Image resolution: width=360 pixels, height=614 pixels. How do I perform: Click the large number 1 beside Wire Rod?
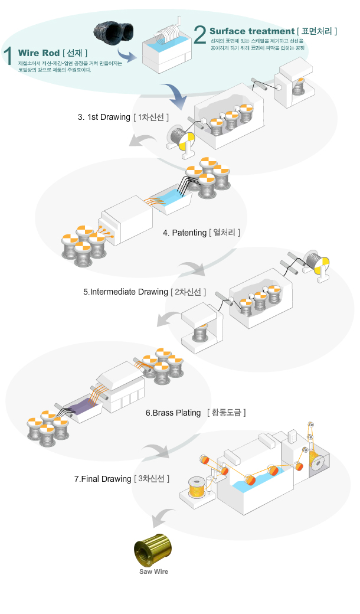pos(8,54)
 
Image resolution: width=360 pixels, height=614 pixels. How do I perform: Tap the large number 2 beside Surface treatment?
pos(199,33)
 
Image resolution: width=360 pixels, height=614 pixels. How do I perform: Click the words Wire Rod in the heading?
pos(39,53)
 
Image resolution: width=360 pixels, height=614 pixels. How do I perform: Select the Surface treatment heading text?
pos(251,31)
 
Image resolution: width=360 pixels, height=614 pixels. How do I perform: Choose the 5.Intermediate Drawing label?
pos(125,292)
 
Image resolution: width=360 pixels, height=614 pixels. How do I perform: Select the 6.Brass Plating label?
pos(173,413)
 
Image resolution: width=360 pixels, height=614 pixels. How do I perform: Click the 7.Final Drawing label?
pos(102,479)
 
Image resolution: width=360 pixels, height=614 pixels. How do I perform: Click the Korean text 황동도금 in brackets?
pos(226,412)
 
